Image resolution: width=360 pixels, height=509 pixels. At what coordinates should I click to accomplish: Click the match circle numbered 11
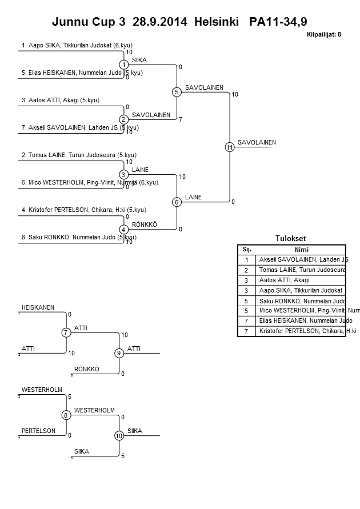pyautogui.click(x=229, y=147)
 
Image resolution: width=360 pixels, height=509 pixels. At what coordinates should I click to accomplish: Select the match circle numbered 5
pyautogui.click(x=177, y=92)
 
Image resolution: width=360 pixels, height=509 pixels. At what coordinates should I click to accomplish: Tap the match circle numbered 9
pyautogui.click(x=119, y=354)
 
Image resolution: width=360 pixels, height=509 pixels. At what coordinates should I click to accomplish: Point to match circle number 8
pyautogui.click(x=66, y=415)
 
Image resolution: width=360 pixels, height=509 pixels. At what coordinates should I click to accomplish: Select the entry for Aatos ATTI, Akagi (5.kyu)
pyautogui.click(x=61, y=100)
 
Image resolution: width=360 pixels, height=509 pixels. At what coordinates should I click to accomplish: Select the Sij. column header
pyautogui.click(x=247, y=250)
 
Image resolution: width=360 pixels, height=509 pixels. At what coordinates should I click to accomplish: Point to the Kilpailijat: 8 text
pyautogui.click(x=324, y=35)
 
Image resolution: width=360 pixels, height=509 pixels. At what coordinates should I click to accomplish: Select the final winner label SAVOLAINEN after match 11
pyautogui.click(x=257, y=142)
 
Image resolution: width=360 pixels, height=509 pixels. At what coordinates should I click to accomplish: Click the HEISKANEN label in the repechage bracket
pyautogui.click(x=38, y=307)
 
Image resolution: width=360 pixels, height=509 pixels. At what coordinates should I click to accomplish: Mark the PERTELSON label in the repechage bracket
pyautogui.click(x=39, y=431)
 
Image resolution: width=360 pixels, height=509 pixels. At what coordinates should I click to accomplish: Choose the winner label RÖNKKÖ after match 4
pyautogui.click(x=144, y=225)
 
